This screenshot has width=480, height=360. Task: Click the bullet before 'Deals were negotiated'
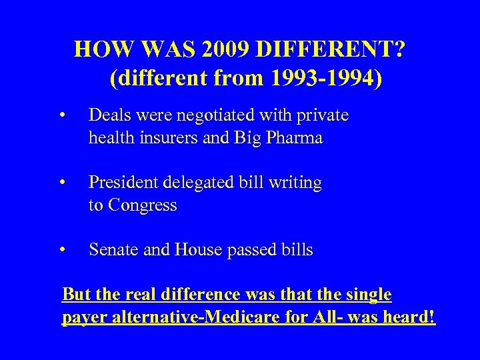point(61,117)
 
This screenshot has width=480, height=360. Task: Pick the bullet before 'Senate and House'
point(61,251)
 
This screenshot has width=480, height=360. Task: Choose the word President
point(122,183)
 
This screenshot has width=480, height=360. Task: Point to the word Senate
point(111,250)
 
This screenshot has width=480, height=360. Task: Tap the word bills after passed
point(294,250)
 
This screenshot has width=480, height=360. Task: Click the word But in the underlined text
point(75,295)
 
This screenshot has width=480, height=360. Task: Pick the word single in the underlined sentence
point(368,295)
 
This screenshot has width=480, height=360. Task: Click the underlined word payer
point(83,318)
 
